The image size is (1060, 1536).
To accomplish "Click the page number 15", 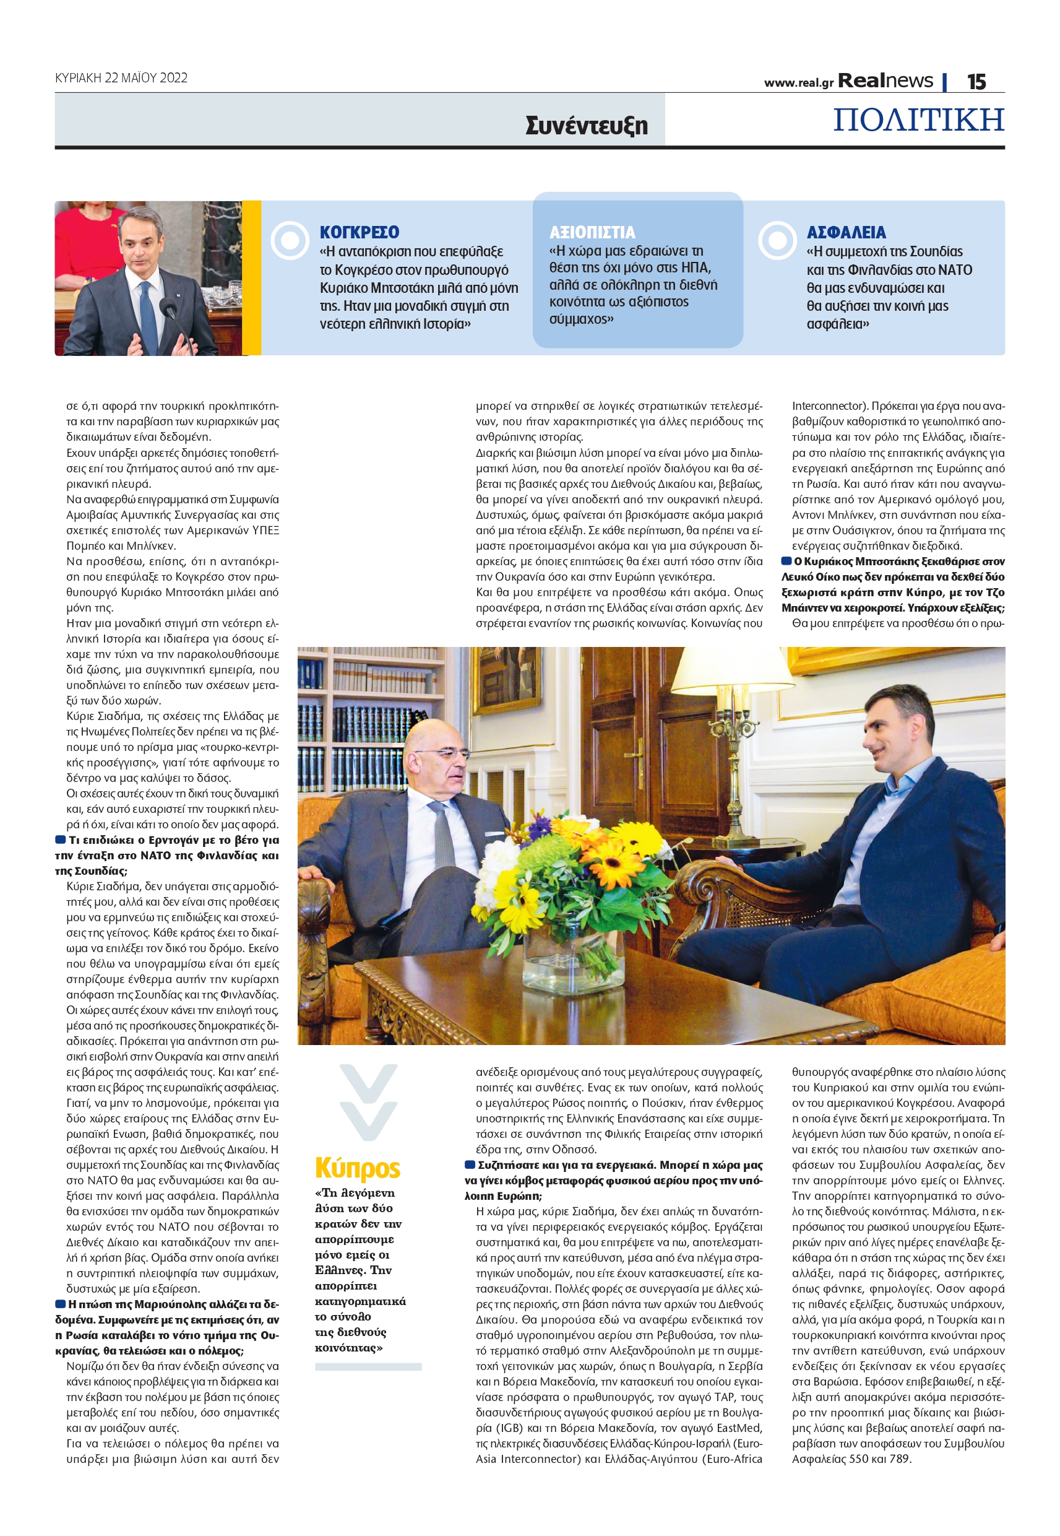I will [x=976, y=82].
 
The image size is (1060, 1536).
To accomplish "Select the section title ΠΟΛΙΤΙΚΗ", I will [x=918, y=119].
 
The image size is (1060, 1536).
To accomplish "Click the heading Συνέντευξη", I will [x=586, y=125].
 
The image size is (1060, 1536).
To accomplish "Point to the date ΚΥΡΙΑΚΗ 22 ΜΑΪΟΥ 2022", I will [x=121, y=78].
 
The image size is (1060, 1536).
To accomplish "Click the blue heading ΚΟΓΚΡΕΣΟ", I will [x=360, y=233].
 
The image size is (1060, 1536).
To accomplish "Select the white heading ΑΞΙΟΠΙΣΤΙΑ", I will [x=592, y=233].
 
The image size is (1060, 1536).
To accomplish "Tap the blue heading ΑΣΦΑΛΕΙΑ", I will [x=845, y=233].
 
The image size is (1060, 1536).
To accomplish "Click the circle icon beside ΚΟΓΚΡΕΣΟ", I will [x=290, y=240].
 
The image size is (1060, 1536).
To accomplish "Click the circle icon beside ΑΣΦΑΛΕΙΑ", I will [x=777, y=240].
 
